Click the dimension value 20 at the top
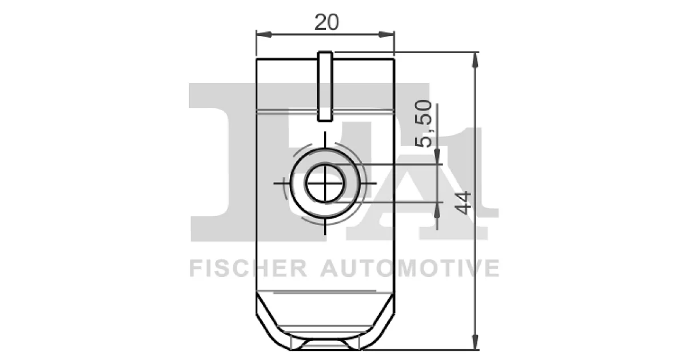click(326, 22)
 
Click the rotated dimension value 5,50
click(424, 123)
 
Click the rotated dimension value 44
click(462, 203)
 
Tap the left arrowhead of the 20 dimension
click(264, 35)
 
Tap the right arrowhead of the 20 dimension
click(387, 35)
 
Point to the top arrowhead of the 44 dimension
click(475, 60)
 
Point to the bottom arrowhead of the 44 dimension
click(475, 342)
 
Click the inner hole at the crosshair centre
click(325, 183)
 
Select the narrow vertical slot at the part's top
click(325, 86)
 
